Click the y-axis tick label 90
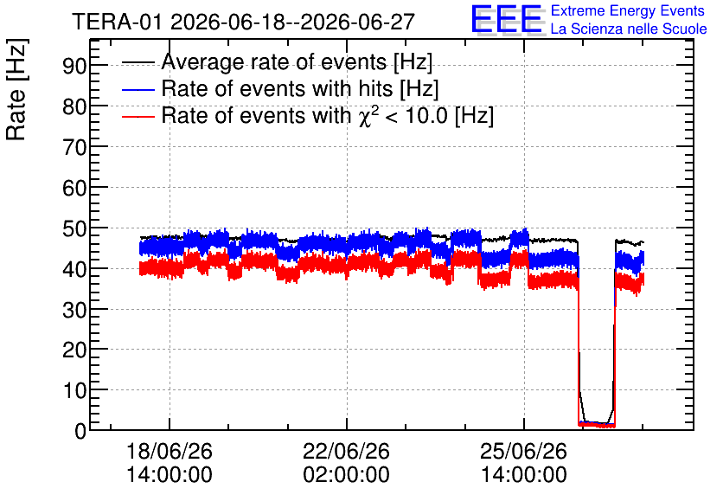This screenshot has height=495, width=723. point(74,66)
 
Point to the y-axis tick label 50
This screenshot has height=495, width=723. point(74,228)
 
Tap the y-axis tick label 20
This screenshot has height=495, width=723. point(74,350)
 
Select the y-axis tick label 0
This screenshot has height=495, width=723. point(80,431)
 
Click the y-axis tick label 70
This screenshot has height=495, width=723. point(74,147)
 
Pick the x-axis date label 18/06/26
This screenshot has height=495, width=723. point(170,451)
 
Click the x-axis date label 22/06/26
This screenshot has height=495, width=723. point(346,451)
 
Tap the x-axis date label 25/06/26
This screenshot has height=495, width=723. point(523,451)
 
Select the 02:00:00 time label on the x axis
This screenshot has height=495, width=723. point(346,475)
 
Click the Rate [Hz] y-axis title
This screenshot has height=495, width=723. point(16,89)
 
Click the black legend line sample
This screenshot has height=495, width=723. point(138,62)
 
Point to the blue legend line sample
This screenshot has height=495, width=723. point(138,89)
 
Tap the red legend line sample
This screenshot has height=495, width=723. point(138,116)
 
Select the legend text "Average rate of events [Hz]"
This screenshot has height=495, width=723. point(297,62)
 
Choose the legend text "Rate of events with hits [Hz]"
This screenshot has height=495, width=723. point(300,88)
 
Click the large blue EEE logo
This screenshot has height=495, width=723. point(508,19)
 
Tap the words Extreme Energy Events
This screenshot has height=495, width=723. point(628,10)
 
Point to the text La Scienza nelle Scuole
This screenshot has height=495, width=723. point(629,29)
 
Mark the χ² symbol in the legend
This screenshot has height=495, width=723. point(369,116)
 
